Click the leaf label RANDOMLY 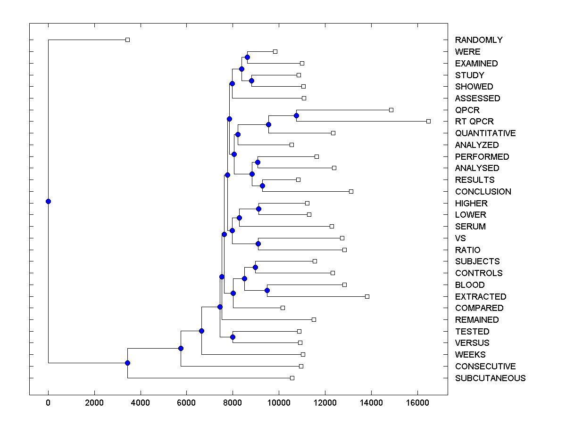[x=479, y=40]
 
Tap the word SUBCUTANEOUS [x=490, y=378]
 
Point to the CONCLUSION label [x=483, y=192]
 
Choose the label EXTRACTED [x=481, y=297]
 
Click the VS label [x=460, y=238]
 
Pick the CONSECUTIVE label [x=485, y=367]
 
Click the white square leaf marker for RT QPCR [x=428, y=121]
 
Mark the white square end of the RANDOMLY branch [x=127, y=40]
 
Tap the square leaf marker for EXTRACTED [x=367, y=296]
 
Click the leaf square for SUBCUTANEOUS [x=292, y=378]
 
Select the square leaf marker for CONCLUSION [x=351, y=191]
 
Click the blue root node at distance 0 [x=48, y=201]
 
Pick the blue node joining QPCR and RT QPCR [x=296, y=115]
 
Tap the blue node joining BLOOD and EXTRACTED [x=267, y=290]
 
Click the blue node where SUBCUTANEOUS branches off [x=127, y=363]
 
